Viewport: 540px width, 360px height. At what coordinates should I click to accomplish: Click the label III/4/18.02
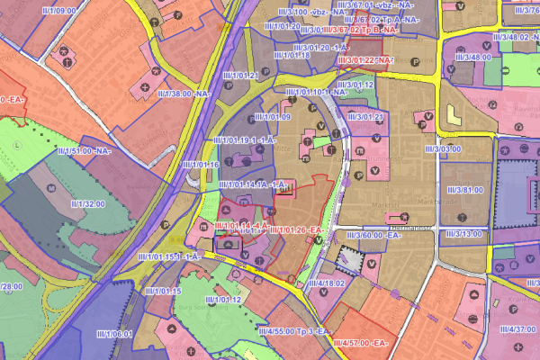coord(325,283)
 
